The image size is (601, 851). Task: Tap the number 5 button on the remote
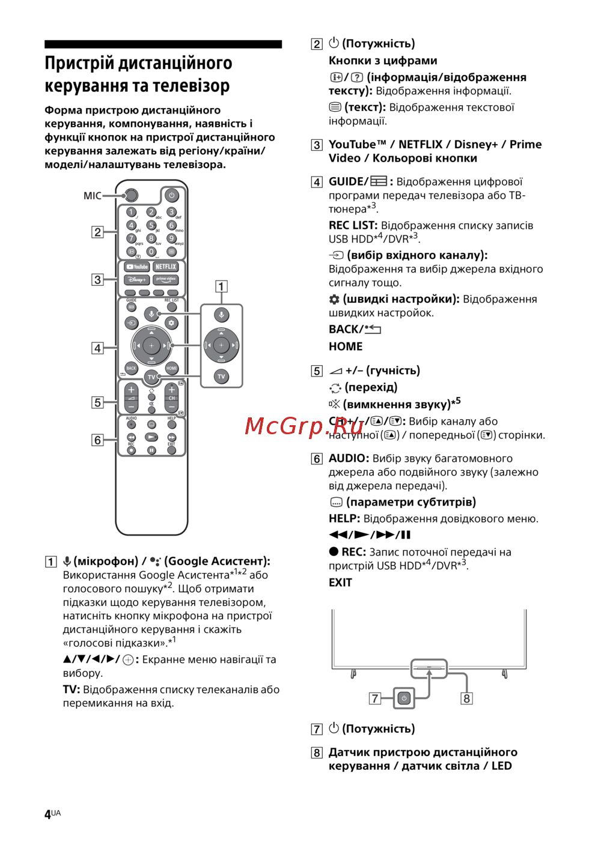tap(151, 225)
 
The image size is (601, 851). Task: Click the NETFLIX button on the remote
tap(166, 267)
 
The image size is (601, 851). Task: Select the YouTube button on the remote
tap(137, 267)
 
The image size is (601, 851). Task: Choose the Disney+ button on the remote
tap(136, 280)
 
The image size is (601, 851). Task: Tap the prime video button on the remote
tap(166, 280)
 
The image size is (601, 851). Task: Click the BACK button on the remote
tap(131, 368)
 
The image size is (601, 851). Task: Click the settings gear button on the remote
tap(171, 323)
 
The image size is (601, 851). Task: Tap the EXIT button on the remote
tap(171, 450)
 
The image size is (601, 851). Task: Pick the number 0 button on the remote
tap(151, 252)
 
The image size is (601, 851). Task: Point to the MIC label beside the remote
tap(93, 196)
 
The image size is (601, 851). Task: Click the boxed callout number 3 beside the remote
tap(97, 280)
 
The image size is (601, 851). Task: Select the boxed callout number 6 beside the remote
tap(97, 440)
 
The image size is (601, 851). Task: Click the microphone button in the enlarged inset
tap(221, 315)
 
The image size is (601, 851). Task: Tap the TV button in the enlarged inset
tap(221, 377)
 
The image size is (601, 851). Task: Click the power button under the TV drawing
tap(404, 698)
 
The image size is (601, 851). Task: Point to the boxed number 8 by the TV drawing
tap(466, 698)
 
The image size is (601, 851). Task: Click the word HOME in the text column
tap(346, 347)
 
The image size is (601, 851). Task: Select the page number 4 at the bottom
tap(48, 814)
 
